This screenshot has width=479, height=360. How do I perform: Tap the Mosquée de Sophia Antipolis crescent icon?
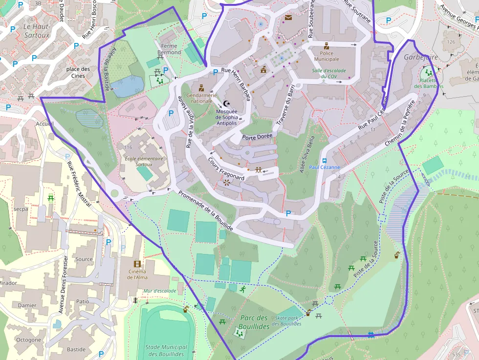(226, 103)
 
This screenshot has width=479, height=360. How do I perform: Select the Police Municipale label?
(326, 56)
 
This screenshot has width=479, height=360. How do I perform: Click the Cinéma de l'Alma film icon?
(137, 264)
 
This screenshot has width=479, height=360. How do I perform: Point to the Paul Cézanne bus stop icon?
(324, 160)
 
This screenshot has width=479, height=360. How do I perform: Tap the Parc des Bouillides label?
(254, 322)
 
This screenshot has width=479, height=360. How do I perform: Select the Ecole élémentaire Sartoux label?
(137, 161)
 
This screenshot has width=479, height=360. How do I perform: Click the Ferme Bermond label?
(171, 49)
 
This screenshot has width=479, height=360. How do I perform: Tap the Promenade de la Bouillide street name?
(205, 210)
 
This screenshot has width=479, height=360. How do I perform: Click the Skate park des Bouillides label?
(288, 320)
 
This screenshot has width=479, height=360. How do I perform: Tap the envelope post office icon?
(288, 18)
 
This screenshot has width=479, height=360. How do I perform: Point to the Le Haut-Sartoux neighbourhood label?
(36, 31)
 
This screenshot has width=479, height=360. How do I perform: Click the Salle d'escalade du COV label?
(329, 73)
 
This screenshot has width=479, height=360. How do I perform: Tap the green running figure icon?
(243, 289)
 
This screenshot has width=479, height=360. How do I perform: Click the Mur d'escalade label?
(160, 291)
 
